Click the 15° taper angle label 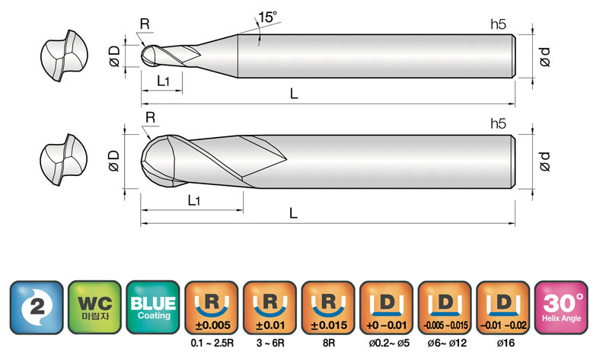(x=268, y=17)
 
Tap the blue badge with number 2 (x=37, y=308)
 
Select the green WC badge (x=94, y=308)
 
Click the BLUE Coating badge (x=153, y=308)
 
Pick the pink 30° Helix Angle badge (x=561, y=308)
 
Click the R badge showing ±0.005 (x=212, y=308)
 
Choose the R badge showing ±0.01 (x=270, y=308)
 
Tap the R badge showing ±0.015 (x=328, y=308)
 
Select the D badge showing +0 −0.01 (x=387, y=308)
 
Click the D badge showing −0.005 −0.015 (x=445, y=308)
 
